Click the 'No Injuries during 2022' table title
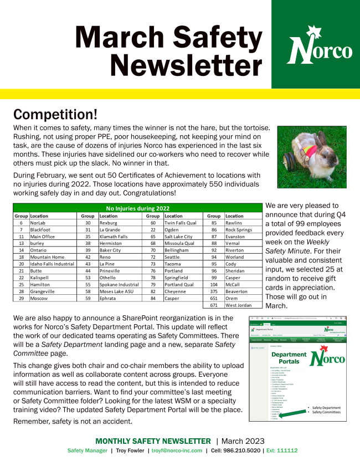137,208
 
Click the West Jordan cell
239,305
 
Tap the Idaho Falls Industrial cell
52,264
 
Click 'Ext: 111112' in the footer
282,450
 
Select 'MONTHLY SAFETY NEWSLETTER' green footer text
153,441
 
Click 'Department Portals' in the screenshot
289,358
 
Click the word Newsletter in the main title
186,65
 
